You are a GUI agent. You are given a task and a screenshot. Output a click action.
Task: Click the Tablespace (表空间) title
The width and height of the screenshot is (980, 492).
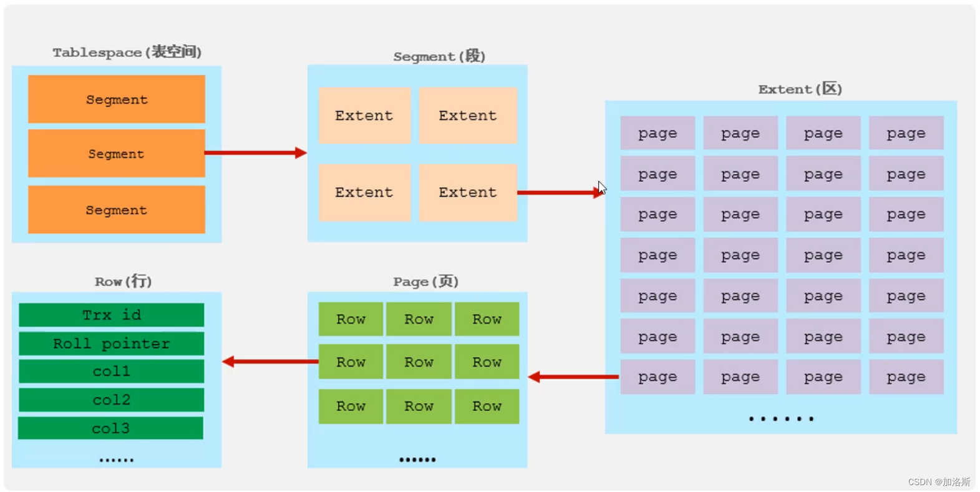(x=127, y=52)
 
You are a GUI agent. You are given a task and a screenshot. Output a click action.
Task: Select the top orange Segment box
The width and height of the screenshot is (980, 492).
(x=117, y=99)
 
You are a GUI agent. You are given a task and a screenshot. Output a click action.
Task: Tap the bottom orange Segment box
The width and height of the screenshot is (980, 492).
(x=117, y=210)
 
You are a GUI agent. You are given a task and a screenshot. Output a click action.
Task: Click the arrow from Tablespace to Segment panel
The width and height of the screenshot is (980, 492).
(x=255, y=152)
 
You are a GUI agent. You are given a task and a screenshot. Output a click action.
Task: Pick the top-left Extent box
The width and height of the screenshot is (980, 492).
(x=364, y=116)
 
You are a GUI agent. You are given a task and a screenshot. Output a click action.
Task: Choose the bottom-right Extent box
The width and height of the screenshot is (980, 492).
(x=468, y=192)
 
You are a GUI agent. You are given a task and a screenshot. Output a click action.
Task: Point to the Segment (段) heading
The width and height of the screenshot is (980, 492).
(x=439, y=56)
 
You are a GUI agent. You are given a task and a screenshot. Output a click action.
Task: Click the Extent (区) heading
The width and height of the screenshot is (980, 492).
(x=800, y=89)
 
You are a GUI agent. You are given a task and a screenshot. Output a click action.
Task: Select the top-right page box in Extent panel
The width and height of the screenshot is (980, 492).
(x=906, y=133)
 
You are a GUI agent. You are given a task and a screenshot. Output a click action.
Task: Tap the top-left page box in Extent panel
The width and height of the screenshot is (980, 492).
(x=657, y=133)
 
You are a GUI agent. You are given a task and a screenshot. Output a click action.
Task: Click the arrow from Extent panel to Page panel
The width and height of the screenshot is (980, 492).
(x=573, y=376)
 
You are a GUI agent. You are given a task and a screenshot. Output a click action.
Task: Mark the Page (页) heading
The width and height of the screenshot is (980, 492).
(x=426, y=282)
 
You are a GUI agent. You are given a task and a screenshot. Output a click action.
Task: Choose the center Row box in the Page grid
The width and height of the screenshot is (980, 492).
(x=419, y=362)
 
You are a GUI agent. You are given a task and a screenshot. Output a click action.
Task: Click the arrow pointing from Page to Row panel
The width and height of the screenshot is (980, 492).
(x=270, y=362)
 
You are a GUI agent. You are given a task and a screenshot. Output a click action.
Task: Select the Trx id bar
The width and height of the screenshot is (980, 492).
(x=112, y=315)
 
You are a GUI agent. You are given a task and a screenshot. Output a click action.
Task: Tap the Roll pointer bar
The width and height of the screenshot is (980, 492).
(x=112, y=343)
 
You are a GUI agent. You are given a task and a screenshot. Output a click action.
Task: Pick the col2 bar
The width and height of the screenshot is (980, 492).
(x=112, y=400)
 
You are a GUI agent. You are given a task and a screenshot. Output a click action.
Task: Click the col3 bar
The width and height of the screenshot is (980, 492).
(x=111, y=428)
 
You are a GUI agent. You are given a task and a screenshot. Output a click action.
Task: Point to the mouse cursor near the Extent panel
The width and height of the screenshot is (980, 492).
(x=602, y=188)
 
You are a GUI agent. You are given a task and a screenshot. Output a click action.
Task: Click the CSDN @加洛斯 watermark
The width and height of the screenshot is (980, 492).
(x=939, y=482)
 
